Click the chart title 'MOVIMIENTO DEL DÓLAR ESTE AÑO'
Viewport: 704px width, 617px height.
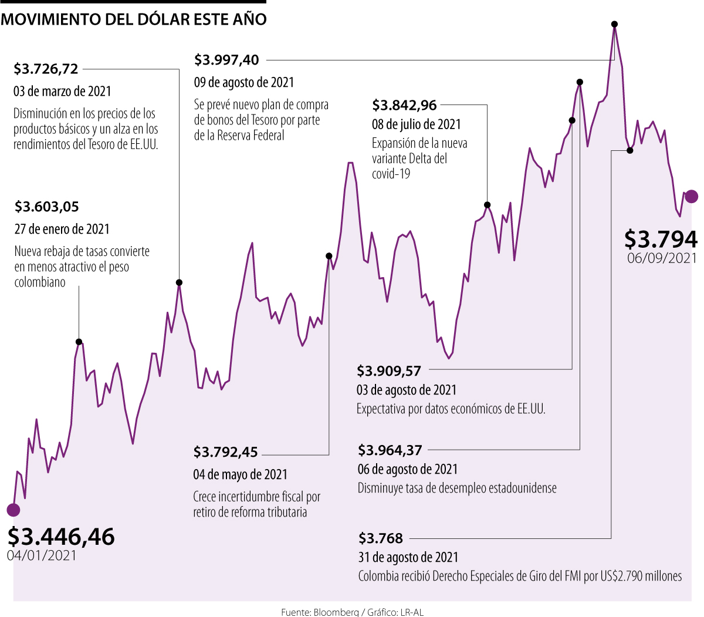click(134, 19)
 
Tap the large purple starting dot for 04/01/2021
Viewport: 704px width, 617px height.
click(13, 510)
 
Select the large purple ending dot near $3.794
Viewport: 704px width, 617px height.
click(691, 197)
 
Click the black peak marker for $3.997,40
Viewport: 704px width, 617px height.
click(614, 25)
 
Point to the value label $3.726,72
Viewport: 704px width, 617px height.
click(46, 69)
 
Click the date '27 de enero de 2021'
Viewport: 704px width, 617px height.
click(62, 229)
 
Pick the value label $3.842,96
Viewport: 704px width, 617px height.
click(404, 105)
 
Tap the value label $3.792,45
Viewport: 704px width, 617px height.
click(225, 452)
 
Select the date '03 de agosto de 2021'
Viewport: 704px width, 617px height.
click(407, 390)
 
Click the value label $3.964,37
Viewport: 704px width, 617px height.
click(390, 450)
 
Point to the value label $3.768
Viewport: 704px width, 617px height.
click(381, 538)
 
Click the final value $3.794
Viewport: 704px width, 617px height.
click(661, 239)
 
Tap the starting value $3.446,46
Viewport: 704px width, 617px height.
click(61, 536)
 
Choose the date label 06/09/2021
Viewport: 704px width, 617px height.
click(662, 258)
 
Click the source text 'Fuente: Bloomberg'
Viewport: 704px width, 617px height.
click(319, 612)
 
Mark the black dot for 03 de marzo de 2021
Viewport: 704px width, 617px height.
click(179, 283)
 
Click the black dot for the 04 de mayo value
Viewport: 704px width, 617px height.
click(329, 256)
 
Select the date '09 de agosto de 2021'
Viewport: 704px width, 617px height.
click(244, 82)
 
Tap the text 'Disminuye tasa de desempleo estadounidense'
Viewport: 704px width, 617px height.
click(457, 488)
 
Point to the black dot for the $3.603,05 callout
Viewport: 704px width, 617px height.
click(79, 342)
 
